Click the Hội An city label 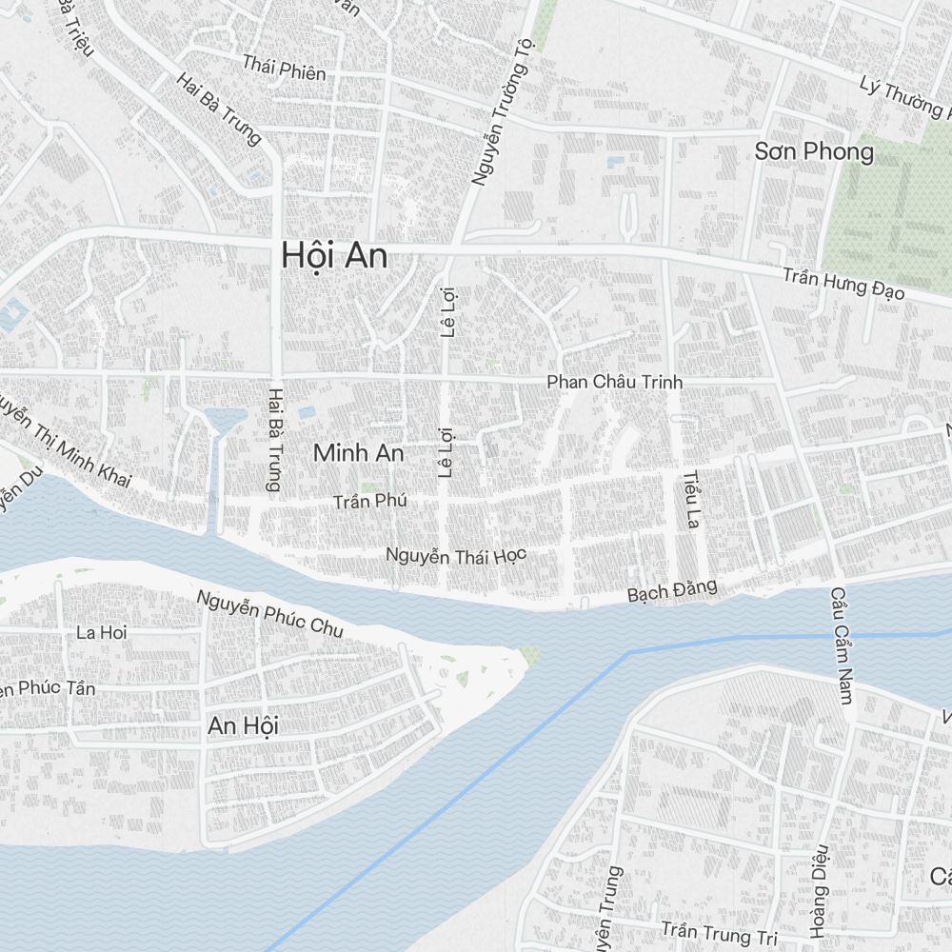[x=334, y=255]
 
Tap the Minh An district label [x=358, y=453]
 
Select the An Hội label [x=243, y=726]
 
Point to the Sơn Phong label [x=813, y=151]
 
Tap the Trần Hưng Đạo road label [x=843, y=284]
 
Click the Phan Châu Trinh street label [x=614, y=382]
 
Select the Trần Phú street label [x=369, y=501]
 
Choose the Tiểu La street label [x=691, y=499]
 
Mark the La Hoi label [x=102, y=632]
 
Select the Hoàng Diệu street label [x=821, y=889]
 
